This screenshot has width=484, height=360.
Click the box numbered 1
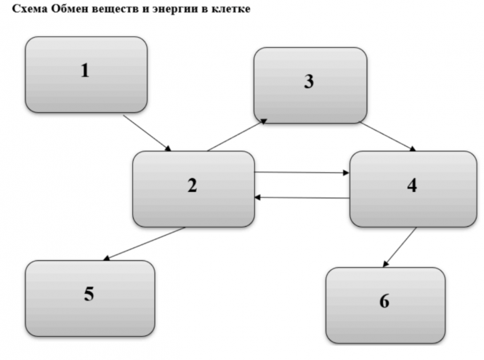click(86, 74)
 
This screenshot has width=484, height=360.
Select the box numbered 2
click(193, 188)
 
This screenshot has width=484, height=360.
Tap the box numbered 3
click(310, 84)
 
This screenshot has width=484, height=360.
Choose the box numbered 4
click(413, 188)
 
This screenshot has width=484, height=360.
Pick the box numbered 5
click(90, 297)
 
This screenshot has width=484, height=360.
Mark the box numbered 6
click(385, 304)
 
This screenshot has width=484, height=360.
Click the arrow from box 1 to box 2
click(148, 133)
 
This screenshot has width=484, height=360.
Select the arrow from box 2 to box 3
click(237, 136)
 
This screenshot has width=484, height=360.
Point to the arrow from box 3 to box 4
click(388, 137)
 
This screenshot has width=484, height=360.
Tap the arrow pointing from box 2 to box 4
click(302, 173)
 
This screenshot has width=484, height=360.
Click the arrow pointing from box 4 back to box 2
click(302, 197)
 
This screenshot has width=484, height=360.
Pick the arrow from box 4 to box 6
click(399, 247)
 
